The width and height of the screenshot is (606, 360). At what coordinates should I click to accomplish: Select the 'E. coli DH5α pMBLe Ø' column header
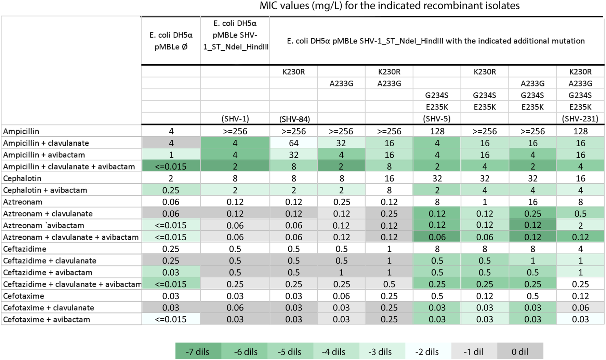click(171, 41)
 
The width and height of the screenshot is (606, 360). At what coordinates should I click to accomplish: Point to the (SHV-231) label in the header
click(580, 119)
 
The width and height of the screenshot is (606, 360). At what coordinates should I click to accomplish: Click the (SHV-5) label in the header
click(437, 119)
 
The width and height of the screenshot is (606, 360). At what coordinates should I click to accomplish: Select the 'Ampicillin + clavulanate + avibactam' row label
click(69, 166)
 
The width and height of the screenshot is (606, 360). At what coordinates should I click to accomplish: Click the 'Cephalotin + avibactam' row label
click(45, 190)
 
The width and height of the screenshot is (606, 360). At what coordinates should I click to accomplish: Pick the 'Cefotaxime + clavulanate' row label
click(49, 308)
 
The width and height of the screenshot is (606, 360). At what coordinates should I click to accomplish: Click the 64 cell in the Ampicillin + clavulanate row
click(293, 143)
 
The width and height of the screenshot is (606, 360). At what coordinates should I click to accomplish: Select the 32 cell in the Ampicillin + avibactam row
click(293, 155)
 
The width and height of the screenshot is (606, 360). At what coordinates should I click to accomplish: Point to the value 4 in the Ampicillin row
click(171, 131)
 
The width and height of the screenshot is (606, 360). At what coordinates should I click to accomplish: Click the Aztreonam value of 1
click(485, 202)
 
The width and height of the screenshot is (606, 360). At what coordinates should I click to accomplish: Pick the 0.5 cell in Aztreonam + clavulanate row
click(580, 214)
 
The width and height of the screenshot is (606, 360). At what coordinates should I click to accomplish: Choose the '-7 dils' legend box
click(198, 351)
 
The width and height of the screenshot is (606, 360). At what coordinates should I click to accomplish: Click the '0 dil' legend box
click(520, 351)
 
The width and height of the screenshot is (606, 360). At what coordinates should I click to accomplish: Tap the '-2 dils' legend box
click(427, 351)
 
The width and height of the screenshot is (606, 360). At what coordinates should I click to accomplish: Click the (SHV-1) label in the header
click(235, 119)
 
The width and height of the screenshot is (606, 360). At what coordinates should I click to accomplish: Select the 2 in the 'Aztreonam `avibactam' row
click(580, 225)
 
